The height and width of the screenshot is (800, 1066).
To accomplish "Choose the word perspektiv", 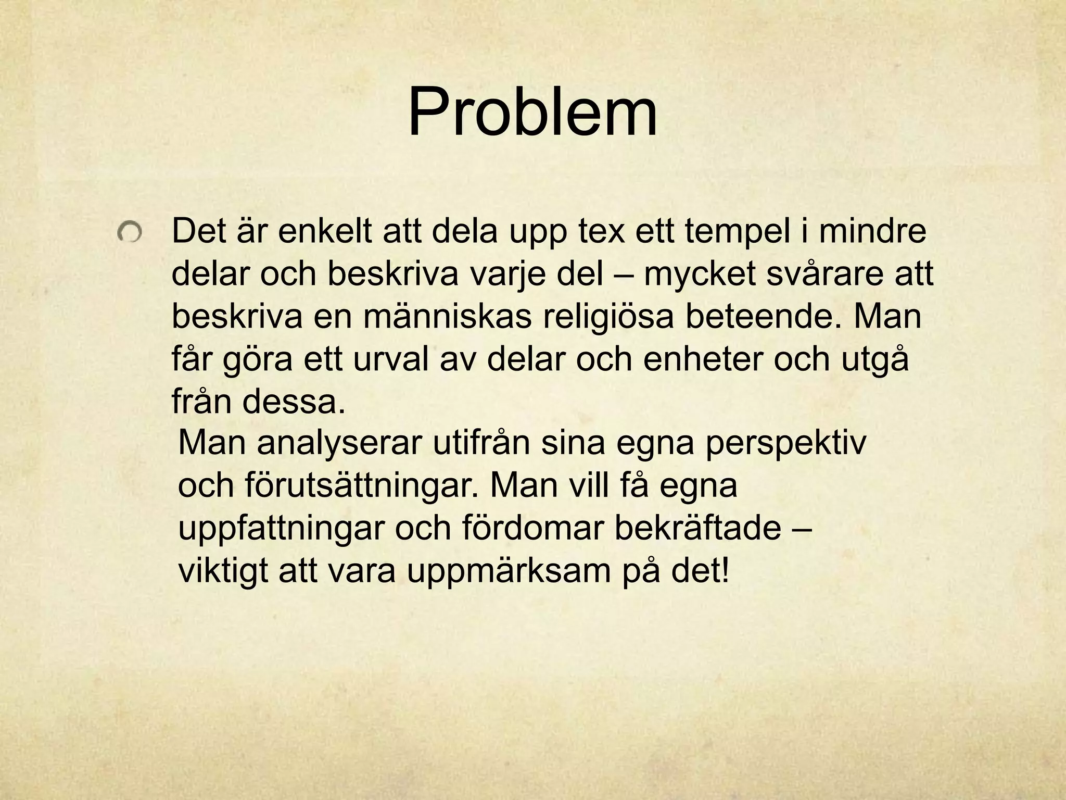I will (785, 443).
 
